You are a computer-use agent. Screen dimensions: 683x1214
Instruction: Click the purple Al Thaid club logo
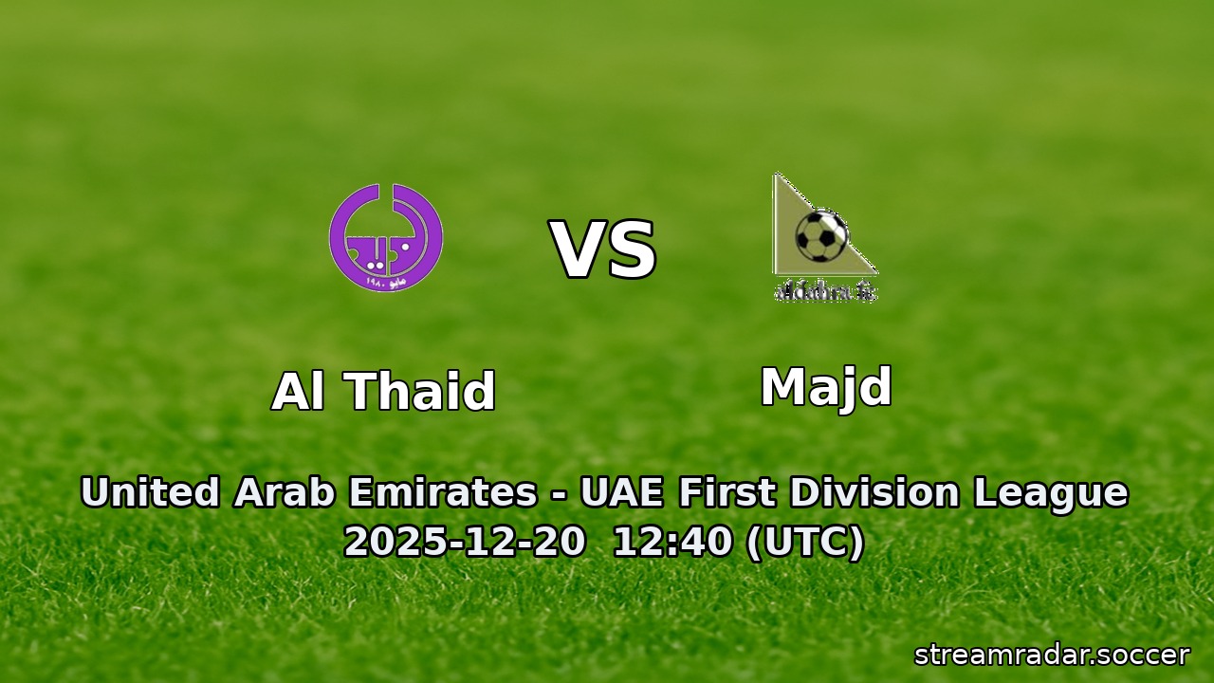coord(386,237)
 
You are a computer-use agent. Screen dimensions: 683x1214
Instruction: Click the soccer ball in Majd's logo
coord(821,235)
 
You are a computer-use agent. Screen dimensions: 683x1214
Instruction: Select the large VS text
coord(604,251)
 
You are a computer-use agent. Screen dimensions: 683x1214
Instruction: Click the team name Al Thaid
coord(383,391)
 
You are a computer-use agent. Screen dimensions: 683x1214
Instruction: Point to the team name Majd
coord(825,387)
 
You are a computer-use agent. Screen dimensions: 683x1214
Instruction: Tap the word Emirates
coord(442,493)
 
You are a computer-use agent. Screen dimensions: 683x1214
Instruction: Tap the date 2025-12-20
coord(464,543)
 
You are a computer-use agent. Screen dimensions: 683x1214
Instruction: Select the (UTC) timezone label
coord(805,543)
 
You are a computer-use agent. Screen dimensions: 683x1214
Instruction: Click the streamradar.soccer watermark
coord(1051,655)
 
